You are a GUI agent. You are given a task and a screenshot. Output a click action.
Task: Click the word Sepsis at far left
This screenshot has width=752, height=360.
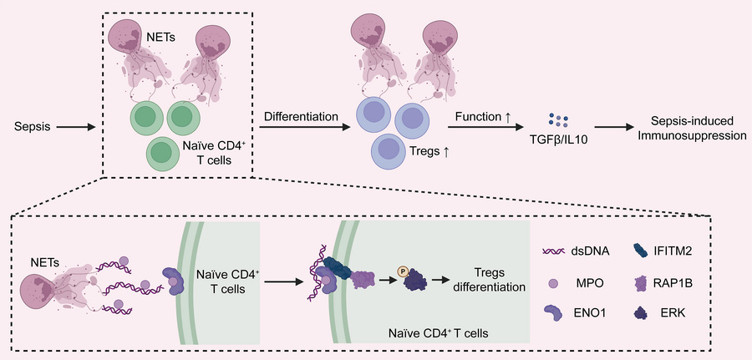pyautogui.click(x=31, y=129)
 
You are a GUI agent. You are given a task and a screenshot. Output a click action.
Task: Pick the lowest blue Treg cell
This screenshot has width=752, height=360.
pyautogui.click(x=389, y=150)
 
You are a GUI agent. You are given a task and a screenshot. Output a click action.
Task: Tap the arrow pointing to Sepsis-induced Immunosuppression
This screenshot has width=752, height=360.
pyautogui.click(x=617, y=128)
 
